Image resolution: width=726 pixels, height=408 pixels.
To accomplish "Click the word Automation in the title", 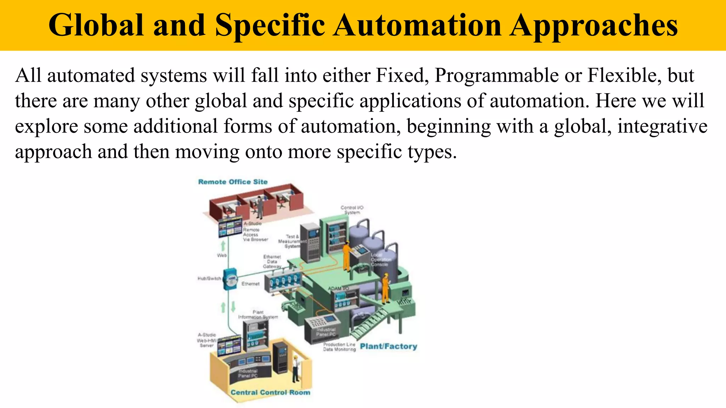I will (417, 25).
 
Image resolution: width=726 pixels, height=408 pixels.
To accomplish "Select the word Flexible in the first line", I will (624, 75).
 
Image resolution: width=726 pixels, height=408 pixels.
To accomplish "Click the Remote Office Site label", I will (233, 182).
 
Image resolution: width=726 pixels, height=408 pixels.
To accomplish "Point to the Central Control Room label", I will (270, 392).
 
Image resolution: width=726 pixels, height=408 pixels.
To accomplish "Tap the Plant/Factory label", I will (389, 346).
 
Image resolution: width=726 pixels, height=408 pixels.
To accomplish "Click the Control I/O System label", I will (352, 210).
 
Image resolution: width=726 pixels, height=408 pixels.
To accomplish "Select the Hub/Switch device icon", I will (230, 279).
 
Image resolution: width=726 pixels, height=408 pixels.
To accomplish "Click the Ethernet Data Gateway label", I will (272, 261).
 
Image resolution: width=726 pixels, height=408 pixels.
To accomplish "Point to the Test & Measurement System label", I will (292, 241).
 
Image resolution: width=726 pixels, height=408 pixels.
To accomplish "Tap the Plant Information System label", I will (258, 314).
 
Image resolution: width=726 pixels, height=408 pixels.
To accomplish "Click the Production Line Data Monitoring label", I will (339, 347).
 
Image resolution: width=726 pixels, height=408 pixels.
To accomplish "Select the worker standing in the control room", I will (295, 368).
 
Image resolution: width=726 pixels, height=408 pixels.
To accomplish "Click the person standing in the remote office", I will (260, 207).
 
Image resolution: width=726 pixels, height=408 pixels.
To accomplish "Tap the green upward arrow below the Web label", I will (223, 246).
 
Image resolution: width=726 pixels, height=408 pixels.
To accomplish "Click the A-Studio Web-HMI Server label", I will (207, 340).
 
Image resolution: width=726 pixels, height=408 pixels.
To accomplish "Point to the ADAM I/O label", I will (338, 288).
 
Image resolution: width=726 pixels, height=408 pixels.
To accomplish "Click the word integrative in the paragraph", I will (662, 126).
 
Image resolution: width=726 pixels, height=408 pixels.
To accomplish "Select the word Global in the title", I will (96, 25).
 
